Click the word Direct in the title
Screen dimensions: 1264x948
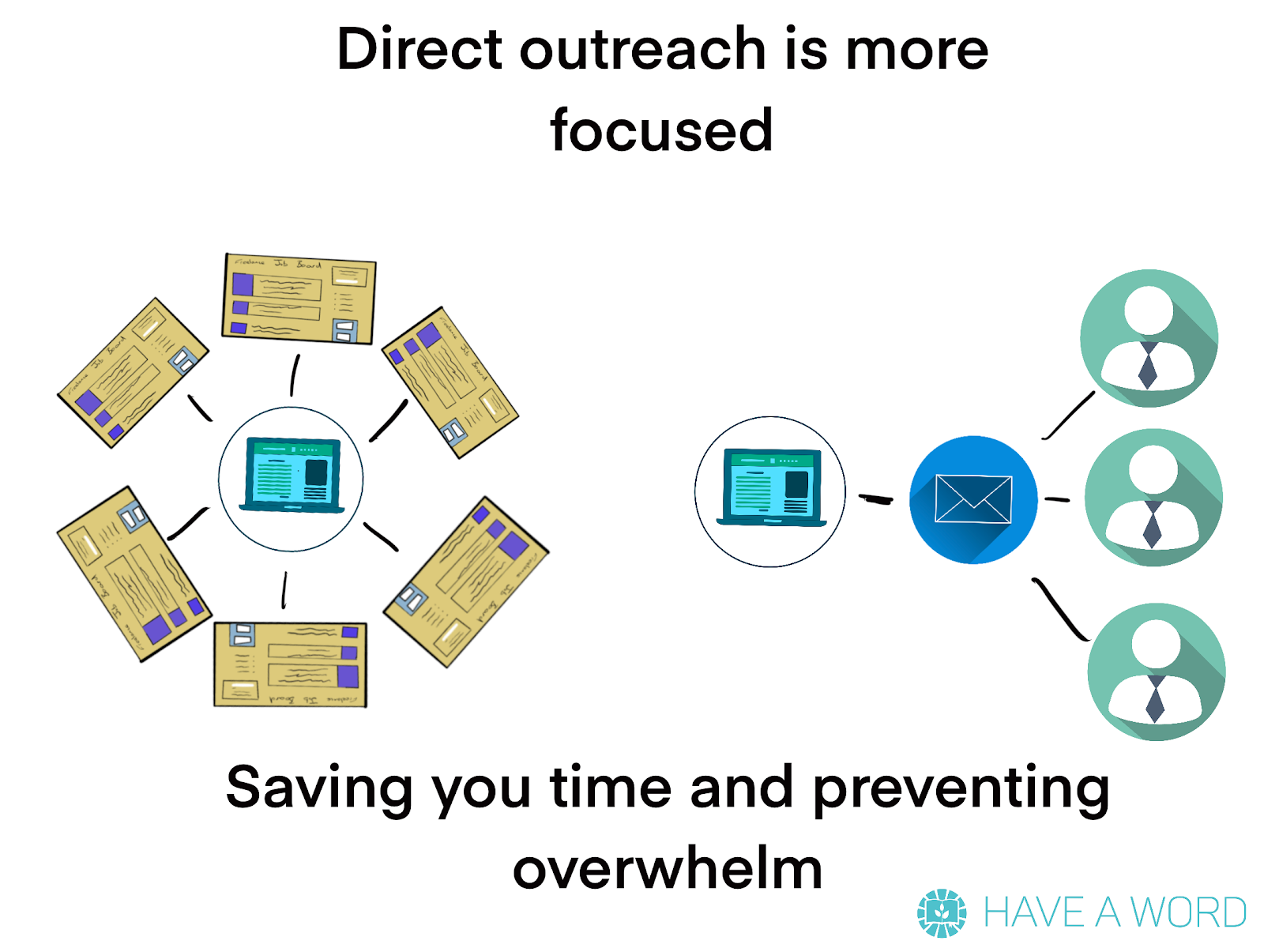(x=419, y=49)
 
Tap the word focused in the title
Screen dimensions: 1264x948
(x=661, y=130)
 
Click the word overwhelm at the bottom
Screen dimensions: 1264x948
(x=668, y=869)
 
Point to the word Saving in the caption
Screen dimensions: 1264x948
(x=318, y=788)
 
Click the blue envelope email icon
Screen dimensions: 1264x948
(x=973, y=499)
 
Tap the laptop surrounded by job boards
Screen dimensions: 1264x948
(x=292, y=475)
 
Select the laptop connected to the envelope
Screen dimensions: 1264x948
(x=771, y=487)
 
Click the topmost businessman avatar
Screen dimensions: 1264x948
(x=1149, y=338)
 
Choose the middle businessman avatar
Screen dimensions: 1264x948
(x=1153, y=498)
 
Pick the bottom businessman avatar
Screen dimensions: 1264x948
(x=1157, y=671)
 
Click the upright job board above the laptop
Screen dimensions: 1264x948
(x=299, y=298)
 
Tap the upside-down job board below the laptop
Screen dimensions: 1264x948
(x=290, y=664)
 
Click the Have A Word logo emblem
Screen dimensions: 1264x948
(x=942, y=912)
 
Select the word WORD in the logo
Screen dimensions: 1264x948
(x=1189, y=913)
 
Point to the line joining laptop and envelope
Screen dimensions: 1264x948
(x=875, y=498)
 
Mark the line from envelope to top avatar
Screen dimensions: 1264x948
(x=1069, y=415)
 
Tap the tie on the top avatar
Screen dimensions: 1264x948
(x=1148, y=365)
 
